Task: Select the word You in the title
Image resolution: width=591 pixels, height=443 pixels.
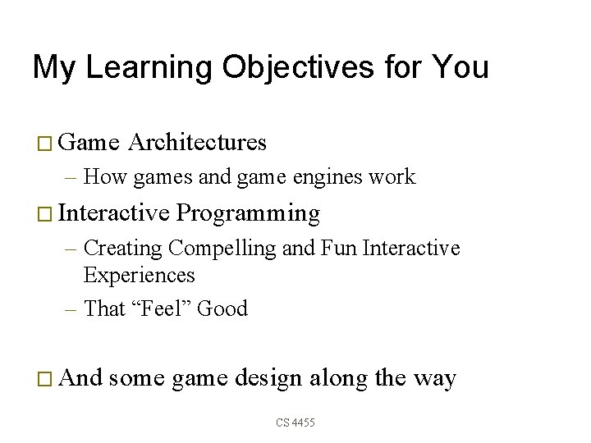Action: pos(460,68)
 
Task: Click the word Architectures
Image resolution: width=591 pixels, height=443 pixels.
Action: pos(198,143)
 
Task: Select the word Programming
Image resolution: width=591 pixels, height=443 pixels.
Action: pos(248,213)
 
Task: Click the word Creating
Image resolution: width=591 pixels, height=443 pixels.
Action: pos(123,248)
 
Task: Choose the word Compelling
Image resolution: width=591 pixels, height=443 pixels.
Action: pos(222,248)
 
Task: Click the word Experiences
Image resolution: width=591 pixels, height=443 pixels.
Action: pos(139,275)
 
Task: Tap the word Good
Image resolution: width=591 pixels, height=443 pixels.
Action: pos(222,308)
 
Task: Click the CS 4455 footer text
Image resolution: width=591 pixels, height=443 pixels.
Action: pos(295,422)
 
